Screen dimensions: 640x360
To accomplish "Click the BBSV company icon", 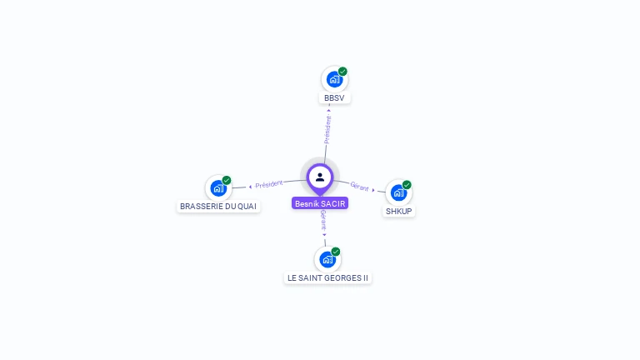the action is click(334, 80).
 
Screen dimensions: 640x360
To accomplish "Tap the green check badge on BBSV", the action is click(342, 72).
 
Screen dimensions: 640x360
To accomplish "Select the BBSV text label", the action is click(334, 98).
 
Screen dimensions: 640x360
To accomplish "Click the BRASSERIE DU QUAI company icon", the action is click(218, 188).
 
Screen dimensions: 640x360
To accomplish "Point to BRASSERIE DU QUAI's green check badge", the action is click(227, 180).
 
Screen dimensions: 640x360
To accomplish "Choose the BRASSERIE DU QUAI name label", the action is click(218, 206).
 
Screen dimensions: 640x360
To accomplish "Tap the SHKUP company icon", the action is click(398, 193).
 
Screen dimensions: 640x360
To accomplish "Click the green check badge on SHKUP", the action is click(407, 185).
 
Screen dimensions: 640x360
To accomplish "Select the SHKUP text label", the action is click(399, 212).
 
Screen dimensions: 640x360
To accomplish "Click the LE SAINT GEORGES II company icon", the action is click(327, 260).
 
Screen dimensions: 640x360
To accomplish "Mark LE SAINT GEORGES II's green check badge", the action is click(336, 252).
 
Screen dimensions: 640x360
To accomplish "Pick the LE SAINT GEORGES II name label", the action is click(327, 277).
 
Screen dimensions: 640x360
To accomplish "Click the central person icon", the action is click(320, 177).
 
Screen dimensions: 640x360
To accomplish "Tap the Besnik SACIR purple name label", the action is click(321, 203).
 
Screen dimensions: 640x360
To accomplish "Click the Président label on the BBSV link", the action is click(327, 130).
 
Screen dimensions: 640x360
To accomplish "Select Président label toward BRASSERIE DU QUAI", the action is click(269, 184).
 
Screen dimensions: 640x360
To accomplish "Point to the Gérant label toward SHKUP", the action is click(359, 187).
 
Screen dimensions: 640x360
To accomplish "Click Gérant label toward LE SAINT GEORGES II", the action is click(323, 220).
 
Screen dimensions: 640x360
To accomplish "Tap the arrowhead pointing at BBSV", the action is click(329, 109).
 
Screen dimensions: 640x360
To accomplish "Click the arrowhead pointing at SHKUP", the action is click(373, 190).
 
